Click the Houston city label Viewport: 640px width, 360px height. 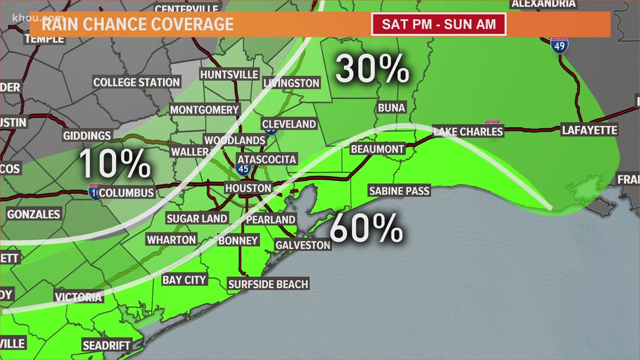(248, 188)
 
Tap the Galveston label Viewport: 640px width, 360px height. (303, 245)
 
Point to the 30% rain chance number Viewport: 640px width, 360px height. (372, 70)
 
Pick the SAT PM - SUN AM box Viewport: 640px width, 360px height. (438, 25)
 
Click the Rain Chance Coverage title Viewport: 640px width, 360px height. (137, 24)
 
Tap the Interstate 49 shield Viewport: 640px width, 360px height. (559, 44)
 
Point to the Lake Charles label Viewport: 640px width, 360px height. (468, 131)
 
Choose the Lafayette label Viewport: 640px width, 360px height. (589, 130)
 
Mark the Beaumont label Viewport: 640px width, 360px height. (377, 149)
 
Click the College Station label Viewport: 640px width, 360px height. (136, 82)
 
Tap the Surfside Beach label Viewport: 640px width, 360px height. (268, 284)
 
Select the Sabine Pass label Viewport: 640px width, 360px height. (399, 191)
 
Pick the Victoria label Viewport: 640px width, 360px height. (79, 297)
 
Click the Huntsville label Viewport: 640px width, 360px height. (229, 75)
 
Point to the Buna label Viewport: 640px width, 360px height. (391, 107)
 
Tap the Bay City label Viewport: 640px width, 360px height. (185, 280)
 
